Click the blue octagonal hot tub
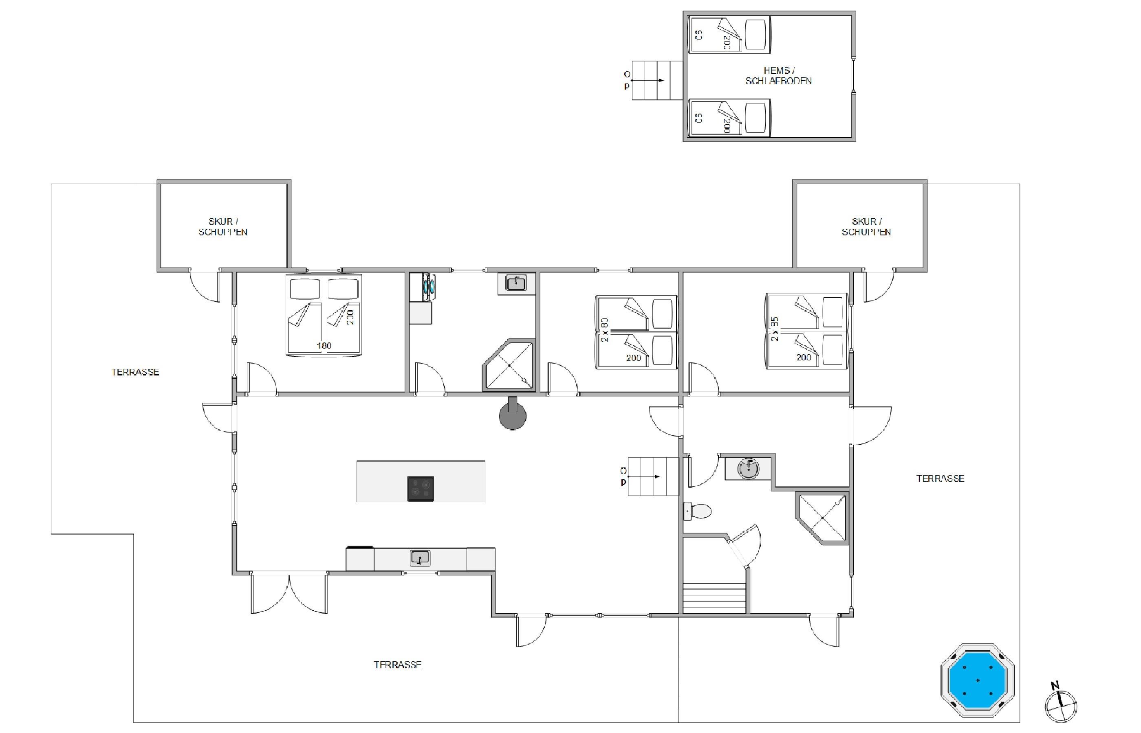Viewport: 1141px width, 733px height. (x=977, y=680)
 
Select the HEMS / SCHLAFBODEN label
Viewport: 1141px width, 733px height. (x=778, y=76)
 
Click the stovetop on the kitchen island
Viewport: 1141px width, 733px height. (x=421, y=488)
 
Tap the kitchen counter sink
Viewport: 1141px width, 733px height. (x=420, y=557)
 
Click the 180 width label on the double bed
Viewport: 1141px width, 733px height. (x=324, y=346)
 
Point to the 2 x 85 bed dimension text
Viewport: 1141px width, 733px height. (x=774, y=329)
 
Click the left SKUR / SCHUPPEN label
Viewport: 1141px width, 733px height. (x=223, y=226)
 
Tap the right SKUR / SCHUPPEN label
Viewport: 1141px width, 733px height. (x=866, y=226)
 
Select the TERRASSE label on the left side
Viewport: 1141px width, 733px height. (x=135, y=372)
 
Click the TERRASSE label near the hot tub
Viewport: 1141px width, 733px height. (x=940, y=478)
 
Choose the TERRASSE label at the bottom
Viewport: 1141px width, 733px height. (x=397, y=665)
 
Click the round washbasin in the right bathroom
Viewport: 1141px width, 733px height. (x=748, y=468)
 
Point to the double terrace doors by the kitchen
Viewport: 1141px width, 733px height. (x=289, y=593)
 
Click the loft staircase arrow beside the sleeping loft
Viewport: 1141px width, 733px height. (x=648, y=81)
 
